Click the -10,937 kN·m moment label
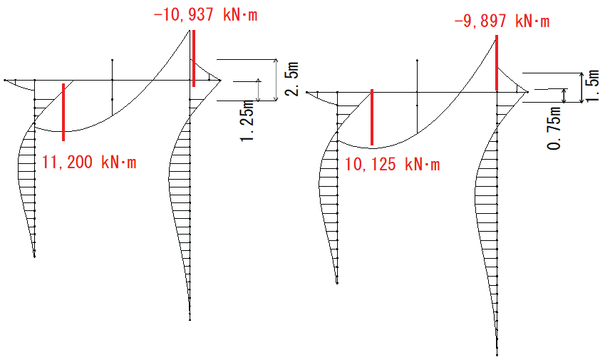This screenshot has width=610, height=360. pyautogui.click(x=205, y=15)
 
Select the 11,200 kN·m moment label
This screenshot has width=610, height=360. pyautogui.click(x=89, y=162)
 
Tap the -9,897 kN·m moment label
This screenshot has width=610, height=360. pyautogui.click(x=502, y=21)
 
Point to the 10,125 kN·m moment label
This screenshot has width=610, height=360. pyautogui.click(x=392, y=164)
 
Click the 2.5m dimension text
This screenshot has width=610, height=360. pyautogui.click(x=292, y=79)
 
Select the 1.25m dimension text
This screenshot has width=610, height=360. pyautogui.click(x=247, y=120)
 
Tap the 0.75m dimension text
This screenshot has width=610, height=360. pyautogui.click(x=554, y=128)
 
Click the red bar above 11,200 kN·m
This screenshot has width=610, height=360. pyautogui.click(x=63, y=112)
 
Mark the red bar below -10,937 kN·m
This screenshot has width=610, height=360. pyautogui.click(x=194, y=58)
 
